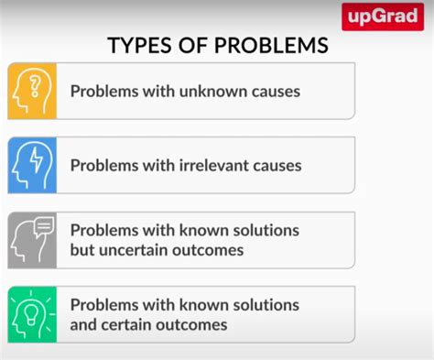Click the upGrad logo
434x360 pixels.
click(x=383, y=16)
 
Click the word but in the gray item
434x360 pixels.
click(x=83, y=250)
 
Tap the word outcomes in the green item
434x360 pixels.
click(x=196, y=324)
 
